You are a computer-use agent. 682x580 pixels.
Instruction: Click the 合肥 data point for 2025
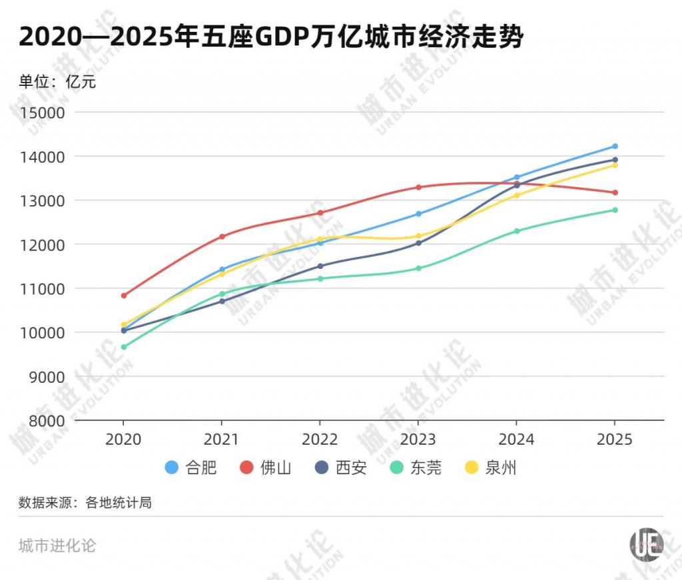click(615, 146)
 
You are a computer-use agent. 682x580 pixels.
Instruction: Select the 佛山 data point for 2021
click(222, 236)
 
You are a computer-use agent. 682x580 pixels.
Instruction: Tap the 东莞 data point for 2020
click(123, 347)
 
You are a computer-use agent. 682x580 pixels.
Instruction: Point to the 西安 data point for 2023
click(418, 243)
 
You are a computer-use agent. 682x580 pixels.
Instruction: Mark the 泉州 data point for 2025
click(615, 165)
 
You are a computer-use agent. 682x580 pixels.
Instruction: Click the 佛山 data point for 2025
click(615, 192)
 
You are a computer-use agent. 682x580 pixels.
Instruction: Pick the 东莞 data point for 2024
click(516, 231)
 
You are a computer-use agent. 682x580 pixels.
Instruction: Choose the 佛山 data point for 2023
click(418, 187)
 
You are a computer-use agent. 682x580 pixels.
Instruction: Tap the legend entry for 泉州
click(490, 468)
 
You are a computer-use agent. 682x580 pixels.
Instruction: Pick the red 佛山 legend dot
click(246, 468)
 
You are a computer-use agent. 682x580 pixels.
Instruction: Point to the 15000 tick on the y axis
click(42, 113)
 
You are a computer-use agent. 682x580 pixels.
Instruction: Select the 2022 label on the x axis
click(320, 440)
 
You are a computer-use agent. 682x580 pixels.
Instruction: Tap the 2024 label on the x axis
click(516, 440)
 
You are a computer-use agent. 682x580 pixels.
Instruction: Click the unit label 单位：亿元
click(57, 82)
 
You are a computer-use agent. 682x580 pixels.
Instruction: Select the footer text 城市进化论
click(57, 545)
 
